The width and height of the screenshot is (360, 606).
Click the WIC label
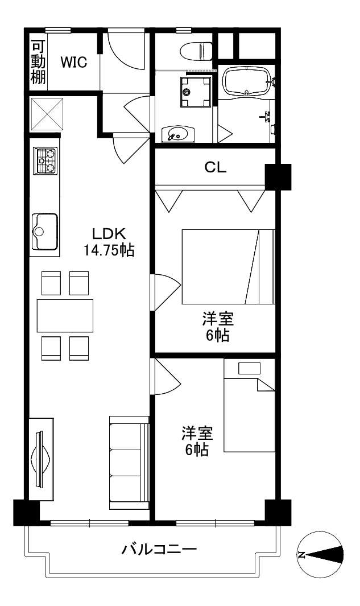73,62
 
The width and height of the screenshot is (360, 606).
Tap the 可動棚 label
38,62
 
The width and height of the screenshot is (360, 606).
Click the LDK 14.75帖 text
109,242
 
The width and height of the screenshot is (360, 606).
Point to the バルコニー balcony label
159,549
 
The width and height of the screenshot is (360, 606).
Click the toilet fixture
197,51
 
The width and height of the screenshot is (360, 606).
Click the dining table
65,316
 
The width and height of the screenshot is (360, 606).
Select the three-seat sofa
129,463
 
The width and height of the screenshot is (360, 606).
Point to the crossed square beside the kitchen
47,114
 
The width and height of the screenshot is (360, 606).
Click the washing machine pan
196,91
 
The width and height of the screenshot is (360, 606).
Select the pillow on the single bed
249,368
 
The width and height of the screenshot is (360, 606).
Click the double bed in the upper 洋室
228,267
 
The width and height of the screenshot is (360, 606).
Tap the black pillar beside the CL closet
278,176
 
